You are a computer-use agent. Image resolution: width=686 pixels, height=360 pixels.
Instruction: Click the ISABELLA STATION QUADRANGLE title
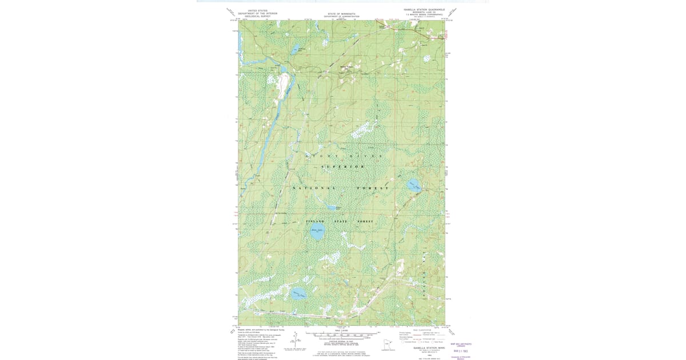[x=424, y=10]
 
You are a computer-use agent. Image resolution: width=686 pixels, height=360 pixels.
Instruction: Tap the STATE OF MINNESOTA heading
[x=341, y=14]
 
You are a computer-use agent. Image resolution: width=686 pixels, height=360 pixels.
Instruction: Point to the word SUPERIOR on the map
[x=342, y=166]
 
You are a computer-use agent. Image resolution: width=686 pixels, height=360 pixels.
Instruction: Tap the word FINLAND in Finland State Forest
[x=315, y=221]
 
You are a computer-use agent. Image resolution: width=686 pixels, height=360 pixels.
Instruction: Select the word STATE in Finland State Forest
[x=341, y=221]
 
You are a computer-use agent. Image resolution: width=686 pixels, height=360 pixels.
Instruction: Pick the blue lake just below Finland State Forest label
[x=317, y=233]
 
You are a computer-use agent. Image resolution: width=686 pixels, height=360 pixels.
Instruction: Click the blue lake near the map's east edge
[x=414, y=186]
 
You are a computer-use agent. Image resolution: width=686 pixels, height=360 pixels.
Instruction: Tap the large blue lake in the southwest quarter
[x=298, y=294]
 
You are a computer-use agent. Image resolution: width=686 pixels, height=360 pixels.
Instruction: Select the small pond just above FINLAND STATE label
[x=332, y=208]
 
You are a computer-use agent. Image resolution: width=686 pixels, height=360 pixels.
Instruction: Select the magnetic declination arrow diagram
[x=296, y=338]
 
